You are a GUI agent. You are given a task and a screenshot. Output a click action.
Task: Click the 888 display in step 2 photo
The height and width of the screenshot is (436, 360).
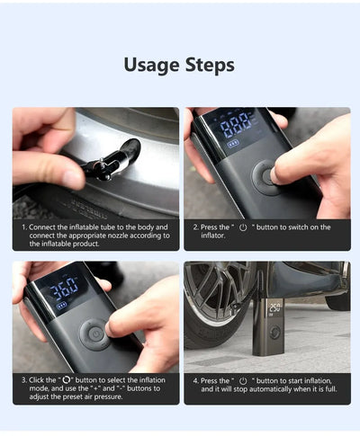point(237,124)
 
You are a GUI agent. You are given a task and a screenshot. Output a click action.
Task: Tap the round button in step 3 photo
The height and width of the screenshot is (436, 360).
point(94,334)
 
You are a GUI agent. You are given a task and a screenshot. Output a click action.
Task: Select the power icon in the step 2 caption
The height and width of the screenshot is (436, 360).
point(243,227)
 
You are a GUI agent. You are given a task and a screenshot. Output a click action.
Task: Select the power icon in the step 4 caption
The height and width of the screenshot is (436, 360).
point(242,381)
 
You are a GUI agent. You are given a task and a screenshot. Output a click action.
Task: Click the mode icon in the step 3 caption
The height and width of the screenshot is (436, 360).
point(68,381)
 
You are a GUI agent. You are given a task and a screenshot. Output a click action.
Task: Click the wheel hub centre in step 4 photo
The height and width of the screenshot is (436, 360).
point(213,310)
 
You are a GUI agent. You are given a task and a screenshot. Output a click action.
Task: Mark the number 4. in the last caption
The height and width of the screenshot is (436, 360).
point(195,381)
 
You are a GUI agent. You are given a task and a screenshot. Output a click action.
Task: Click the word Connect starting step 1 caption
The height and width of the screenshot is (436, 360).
point(46,227)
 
